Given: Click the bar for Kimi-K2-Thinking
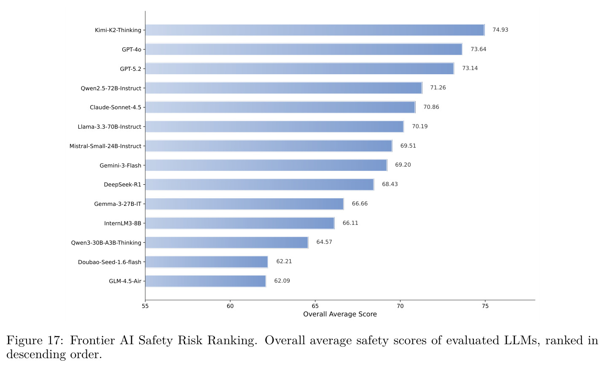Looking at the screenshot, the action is click(x=315, y=30).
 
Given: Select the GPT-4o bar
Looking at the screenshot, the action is click(x=304, y=49).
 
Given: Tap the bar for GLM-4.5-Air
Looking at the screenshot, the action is click(x=206, y=281).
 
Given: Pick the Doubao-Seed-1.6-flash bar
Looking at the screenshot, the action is click(x=207, y=262).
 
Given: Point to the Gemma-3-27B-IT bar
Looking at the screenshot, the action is click(x=245, y=204).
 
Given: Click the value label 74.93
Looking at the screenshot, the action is click(x=500, y=30).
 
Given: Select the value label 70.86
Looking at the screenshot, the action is click(x=431, y=107).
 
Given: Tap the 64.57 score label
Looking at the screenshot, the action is click(x=324, y=242).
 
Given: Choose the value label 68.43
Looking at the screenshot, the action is click(x=390, y=184).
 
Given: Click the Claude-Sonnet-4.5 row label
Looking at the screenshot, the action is click(x=116, y=108).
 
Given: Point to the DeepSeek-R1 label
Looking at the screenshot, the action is click(x=122, y=185).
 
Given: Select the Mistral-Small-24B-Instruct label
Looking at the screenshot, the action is click(x=105, y=146).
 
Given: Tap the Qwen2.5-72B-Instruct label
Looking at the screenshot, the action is click(x=111, y=88).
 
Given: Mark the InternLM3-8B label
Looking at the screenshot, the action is click(x=123, y=223).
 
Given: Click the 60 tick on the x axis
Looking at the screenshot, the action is click(x=230, y=306).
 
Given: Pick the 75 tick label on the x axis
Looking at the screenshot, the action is click(x=485, y=306).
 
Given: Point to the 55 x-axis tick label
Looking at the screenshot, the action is click(x=145, y=306).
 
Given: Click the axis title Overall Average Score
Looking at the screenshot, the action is click(x=340, y=314).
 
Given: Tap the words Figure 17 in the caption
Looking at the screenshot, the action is click(x=35, y=340).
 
